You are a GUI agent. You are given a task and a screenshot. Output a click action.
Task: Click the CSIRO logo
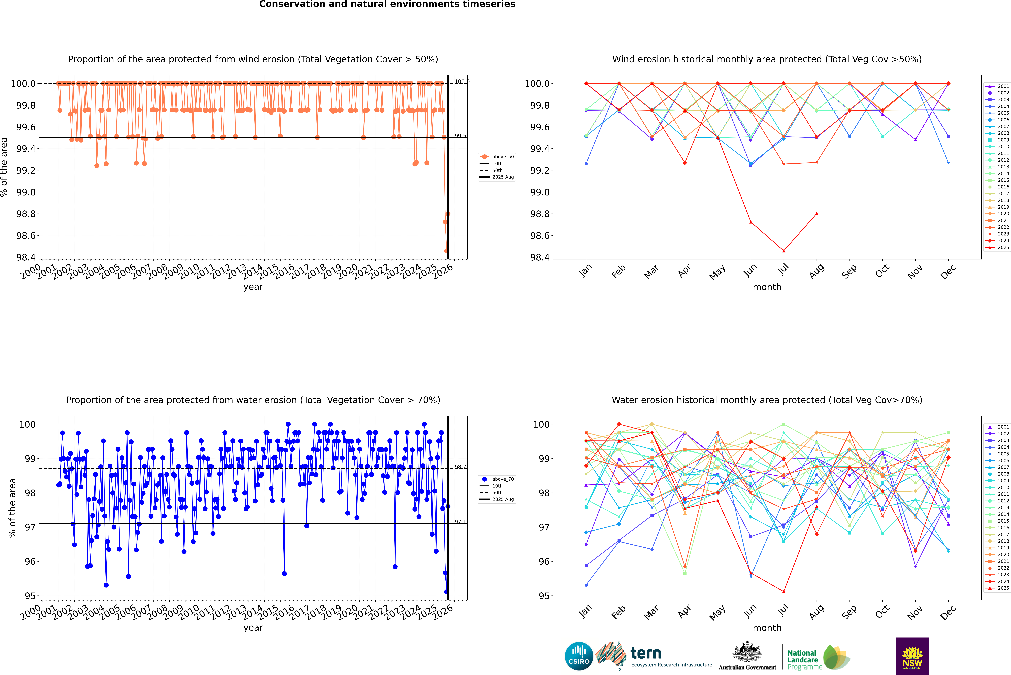[579, 656]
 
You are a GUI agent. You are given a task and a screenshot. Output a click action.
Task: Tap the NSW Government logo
[912, 656]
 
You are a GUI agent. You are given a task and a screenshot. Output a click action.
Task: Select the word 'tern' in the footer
[646, 653]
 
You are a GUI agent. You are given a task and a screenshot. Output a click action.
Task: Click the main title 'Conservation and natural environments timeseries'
[387, 4]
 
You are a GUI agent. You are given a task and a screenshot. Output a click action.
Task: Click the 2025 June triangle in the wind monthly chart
[751, 222]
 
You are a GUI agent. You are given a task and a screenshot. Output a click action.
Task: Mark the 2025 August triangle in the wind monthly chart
[817, 214]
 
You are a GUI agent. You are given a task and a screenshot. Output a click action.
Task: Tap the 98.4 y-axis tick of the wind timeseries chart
[26, 257]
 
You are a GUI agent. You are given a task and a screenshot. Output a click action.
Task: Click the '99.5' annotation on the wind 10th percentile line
[460, 136]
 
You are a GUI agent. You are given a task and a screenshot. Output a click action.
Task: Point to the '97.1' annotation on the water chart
[460, 522]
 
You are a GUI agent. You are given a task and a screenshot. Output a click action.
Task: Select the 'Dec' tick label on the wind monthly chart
[948, 271]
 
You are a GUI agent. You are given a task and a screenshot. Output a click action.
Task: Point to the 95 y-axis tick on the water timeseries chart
[30, 596]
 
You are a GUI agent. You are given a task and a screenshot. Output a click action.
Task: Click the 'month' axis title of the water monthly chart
[767, 628]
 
